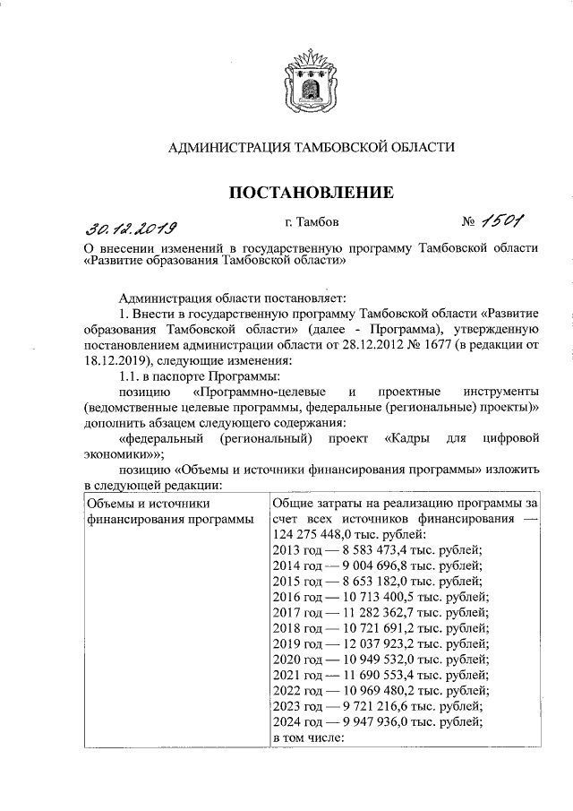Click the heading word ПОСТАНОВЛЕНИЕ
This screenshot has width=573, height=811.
pos(312,191)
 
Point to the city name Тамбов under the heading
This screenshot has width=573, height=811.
pos(320,221)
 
